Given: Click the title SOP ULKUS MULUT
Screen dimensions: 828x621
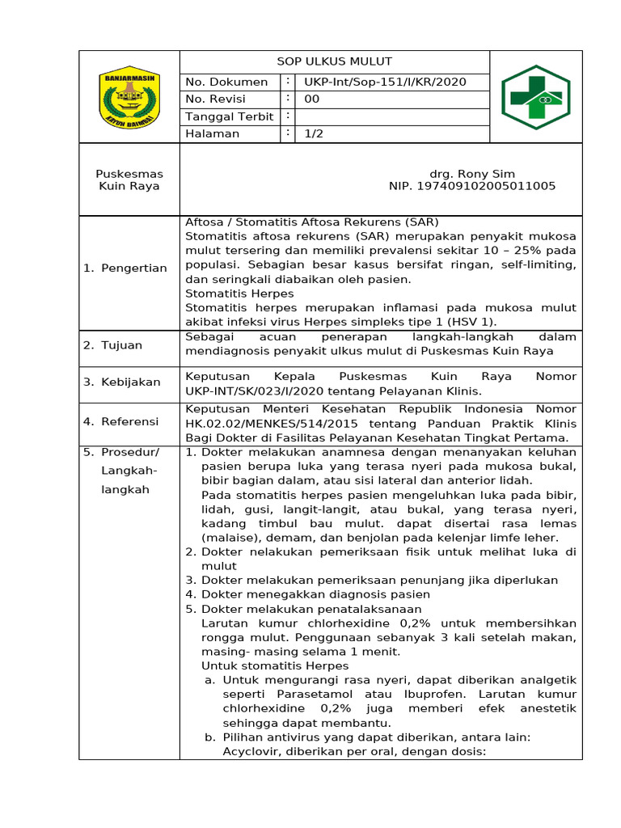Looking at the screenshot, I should coord(334,62).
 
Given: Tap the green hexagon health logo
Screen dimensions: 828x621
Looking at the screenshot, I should coord(535,98).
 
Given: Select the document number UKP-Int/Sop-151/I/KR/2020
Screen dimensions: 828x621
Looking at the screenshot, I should coord(385,82).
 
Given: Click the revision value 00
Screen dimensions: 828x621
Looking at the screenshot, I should coord(312,99).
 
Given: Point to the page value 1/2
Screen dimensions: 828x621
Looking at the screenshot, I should coord(314,133).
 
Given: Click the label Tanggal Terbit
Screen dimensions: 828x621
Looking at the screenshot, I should coord(229,116).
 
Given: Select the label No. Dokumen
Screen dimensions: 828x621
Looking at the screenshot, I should coord(226,82).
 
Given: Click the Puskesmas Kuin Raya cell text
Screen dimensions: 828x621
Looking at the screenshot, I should coord(129,180).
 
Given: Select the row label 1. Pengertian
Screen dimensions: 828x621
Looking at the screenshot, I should coord(125,268).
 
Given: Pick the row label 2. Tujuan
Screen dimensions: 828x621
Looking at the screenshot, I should coord(113,345).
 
